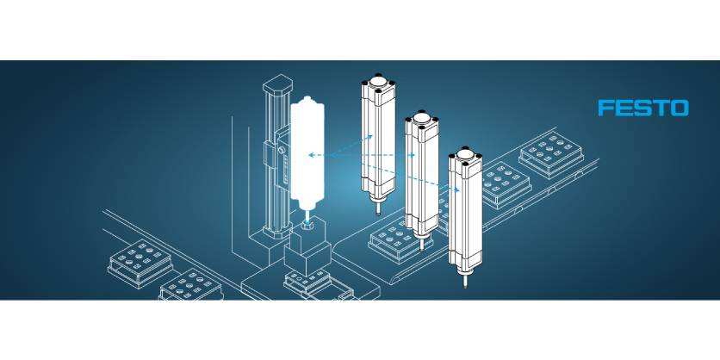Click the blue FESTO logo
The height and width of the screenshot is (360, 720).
[643, 108]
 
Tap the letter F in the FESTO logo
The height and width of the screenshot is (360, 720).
[606, 108]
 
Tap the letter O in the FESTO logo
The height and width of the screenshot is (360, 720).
[679, 108]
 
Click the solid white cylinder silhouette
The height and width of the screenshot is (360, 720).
[307, 155]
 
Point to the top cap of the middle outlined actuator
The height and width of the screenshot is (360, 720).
[421, 118]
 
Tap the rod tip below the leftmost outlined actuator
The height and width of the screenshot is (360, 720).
[377, 208]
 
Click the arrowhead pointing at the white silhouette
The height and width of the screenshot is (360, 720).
[311, 155]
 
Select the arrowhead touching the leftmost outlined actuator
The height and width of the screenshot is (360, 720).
[369, 135]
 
